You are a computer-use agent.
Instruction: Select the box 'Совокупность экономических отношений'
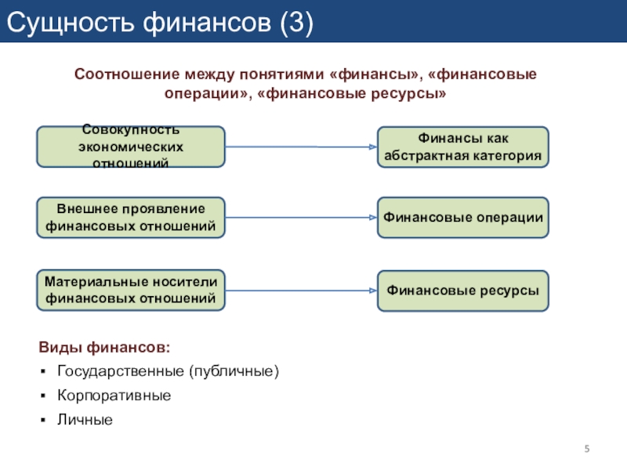[x=131, y=146]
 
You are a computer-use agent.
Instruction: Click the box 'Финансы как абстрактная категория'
[x=463, y=146]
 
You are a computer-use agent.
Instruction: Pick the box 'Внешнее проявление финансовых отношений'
[x=131, y=218]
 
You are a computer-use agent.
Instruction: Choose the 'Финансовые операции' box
[x=463, y=218]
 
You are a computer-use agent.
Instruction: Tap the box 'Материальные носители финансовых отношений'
[x=131, y=290]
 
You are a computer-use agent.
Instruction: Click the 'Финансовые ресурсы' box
[x=463, y=290]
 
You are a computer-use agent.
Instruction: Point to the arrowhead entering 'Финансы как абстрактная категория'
[x=373, y=146]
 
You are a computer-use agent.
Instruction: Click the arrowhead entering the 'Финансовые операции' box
[x=373, y=218]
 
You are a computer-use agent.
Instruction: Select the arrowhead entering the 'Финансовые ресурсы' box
[x=373, y=291]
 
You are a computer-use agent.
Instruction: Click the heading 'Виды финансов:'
[x=104, y=346]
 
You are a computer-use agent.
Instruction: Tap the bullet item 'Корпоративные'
[x=114, y=396]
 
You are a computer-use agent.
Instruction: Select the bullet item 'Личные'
[x=85, y=421]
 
